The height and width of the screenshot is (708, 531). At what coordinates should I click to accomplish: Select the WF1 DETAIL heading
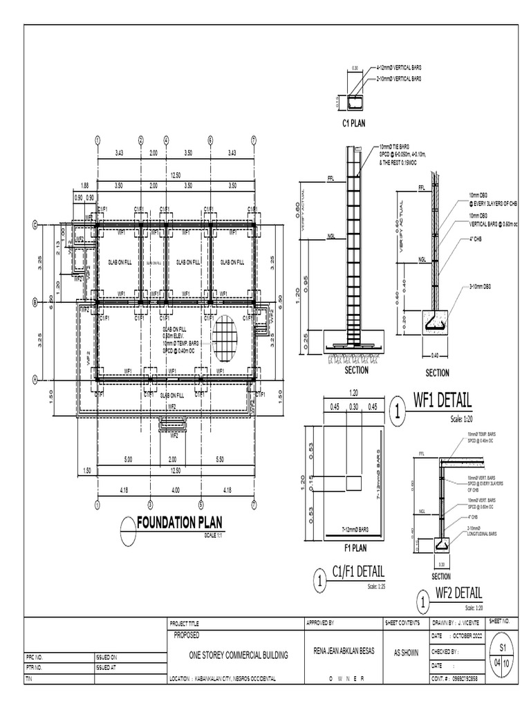click(442, 401)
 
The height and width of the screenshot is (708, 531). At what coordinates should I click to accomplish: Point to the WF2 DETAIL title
click(458, 594)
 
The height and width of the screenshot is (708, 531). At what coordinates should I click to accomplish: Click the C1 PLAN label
click(354, 124)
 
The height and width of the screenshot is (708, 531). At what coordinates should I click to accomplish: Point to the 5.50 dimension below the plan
click(220, 459)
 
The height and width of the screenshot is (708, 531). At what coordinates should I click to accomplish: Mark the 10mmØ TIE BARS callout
click(397, 147)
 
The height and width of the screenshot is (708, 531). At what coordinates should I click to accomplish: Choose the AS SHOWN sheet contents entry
click(406, 651)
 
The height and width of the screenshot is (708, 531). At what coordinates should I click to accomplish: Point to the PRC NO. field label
click(35, 658)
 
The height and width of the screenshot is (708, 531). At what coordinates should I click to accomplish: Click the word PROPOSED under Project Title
click(187, 633)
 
